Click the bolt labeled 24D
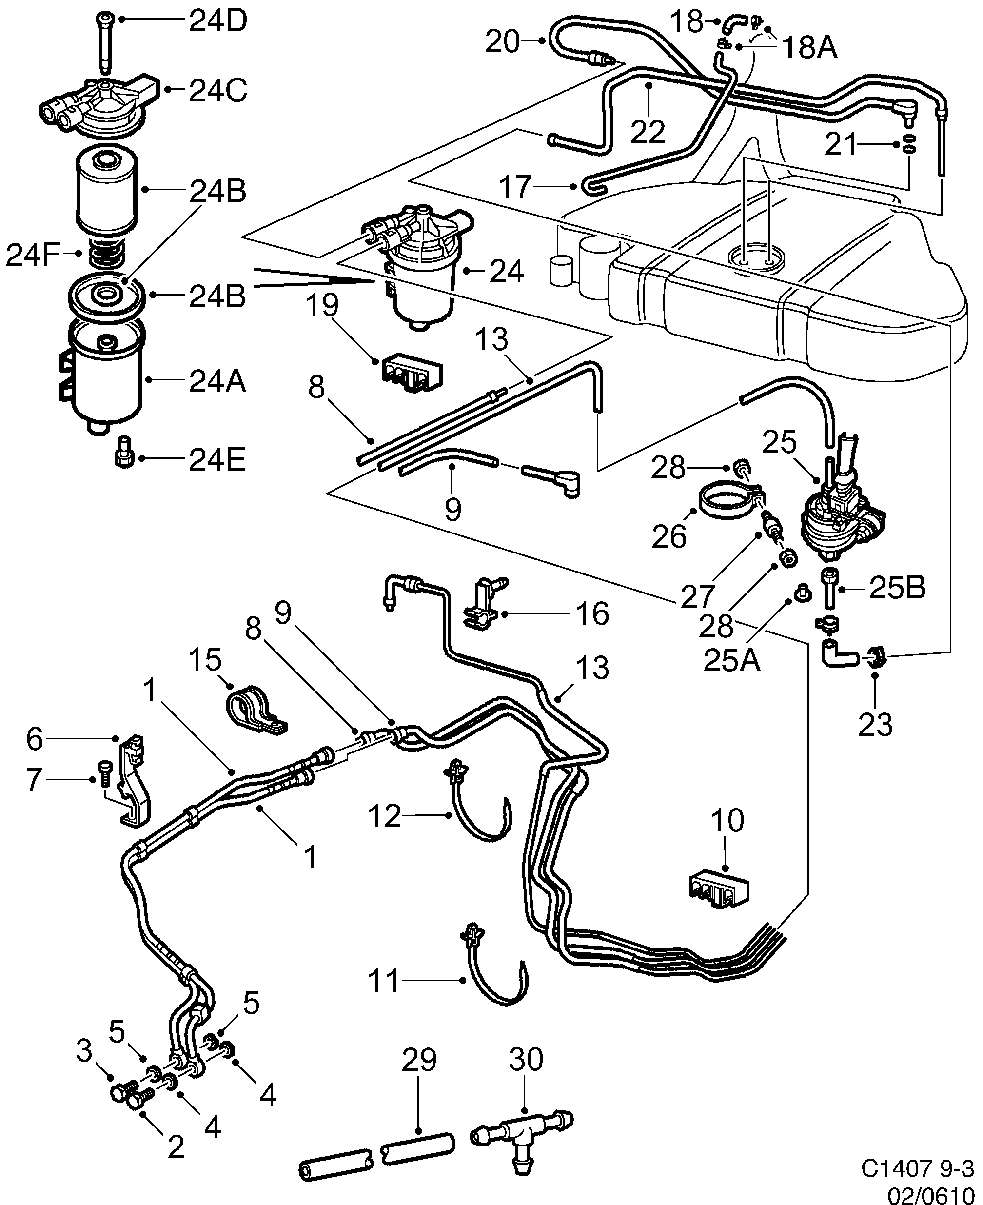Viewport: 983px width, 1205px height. click(105, 42)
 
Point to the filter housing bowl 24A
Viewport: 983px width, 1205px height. click(106, 376)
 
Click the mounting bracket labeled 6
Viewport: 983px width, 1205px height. click(134, 781)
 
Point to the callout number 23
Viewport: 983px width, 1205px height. click(875, 725)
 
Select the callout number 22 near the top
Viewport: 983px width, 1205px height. click(648, 132)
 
